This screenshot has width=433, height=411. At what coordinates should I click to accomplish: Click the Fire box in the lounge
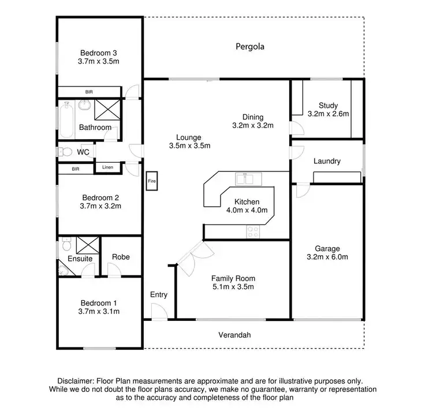(x=152, y=181)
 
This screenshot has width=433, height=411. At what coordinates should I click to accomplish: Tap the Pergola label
(x=250, y=46)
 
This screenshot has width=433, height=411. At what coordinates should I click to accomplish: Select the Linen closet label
(x=108, y=167)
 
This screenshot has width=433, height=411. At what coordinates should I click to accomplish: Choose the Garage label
(x=327, y=248)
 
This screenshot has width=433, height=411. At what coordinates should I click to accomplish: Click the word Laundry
(x=327, y=162)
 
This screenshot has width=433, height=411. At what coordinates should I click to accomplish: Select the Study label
(x=328, y=105)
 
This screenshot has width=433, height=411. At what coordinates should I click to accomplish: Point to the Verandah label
(x=235, y=335)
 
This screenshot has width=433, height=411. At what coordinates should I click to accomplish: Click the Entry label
(x=159, y=294)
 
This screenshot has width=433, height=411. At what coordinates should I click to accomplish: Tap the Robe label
(x=121, y=257)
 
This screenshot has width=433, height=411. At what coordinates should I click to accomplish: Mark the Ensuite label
(x=80, y=259)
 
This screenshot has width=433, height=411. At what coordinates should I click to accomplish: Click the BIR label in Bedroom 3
(x=89, y=92)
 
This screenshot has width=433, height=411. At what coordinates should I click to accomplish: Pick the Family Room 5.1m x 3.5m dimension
(x=233, y=286)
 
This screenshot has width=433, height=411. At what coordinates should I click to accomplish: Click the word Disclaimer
(x=77, y=381)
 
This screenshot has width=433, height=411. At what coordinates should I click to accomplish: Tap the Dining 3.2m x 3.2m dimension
(x=252, y=125)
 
